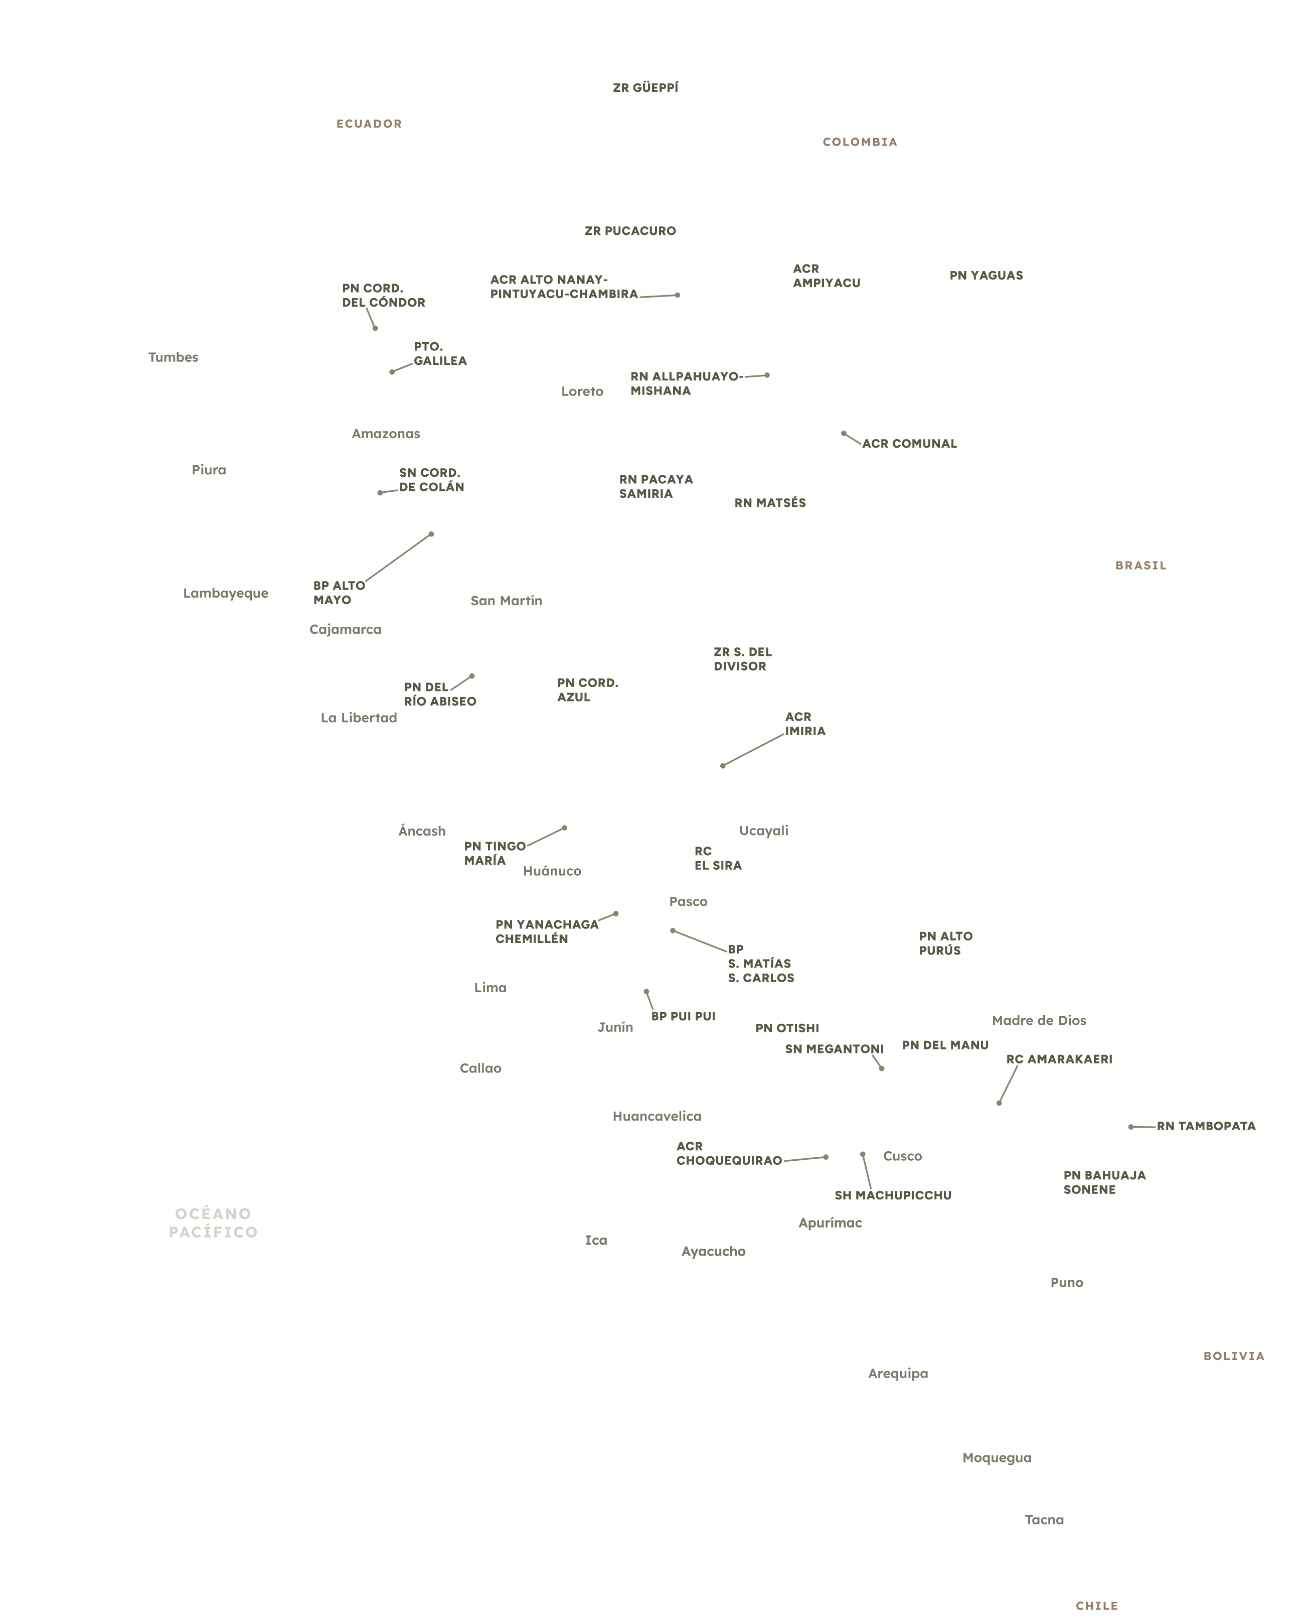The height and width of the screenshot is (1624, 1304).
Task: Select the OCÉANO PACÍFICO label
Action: [x=213, y=1223]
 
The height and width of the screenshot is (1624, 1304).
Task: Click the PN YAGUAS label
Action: [x=986, y=276]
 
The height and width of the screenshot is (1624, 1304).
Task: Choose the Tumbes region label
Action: [x=173, y=357]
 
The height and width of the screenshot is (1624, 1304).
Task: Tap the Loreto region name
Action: [x=582, y=391]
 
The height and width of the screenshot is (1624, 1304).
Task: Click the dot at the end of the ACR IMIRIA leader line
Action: [x=723, y=766]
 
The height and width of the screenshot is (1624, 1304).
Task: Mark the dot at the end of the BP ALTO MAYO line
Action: [x=431, y=534]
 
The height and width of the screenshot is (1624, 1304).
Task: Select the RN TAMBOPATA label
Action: [x=1206, y=1127]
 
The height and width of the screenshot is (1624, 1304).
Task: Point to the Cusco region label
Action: [x=902, y=1156]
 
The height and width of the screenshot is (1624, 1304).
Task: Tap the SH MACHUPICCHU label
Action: [x=892, y=1195]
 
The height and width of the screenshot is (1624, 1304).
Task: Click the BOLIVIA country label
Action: [x=1233, y=1357]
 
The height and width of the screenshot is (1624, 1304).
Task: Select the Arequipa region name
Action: [x=897, y=1374]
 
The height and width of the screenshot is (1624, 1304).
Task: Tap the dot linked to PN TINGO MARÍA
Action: [x=565, y=828]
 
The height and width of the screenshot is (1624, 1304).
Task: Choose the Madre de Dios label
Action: [x=1039, y=1021]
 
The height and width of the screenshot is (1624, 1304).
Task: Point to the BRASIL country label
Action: [x=1140, y=566]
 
